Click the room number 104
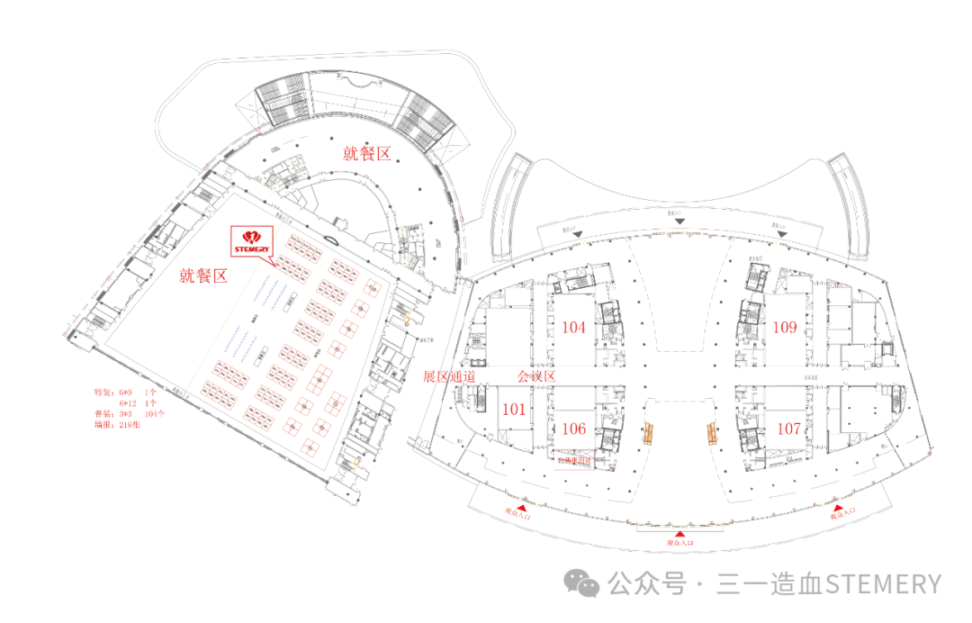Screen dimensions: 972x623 (573, 328)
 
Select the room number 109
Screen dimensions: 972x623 (786, 328)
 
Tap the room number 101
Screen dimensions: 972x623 (513, 410)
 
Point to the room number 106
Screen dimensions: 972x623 (573, 429)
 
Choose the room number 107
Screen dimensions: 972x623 (788, 429)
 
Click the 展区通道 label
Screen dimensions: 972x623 (449, 376)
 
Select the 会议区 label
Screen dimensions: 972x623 (539, 376)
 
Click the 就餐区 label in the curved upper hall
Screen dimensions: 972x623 (366, 154)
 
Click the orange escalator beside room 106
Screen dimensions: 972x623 (647, 434)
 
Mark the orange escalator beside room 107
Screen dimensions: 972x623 (711, 434)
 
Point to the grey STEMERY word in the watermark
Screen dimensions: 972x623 (883, 584)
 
